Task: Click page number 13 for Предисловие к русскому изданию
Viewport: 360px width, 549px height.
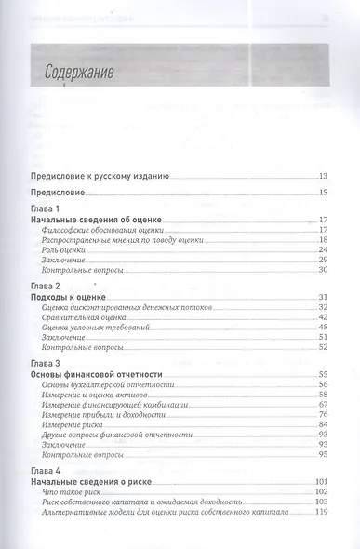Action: click(x=323, y=176)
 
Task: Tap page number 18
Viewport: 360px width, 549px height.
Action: click(x=323, y=239)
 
